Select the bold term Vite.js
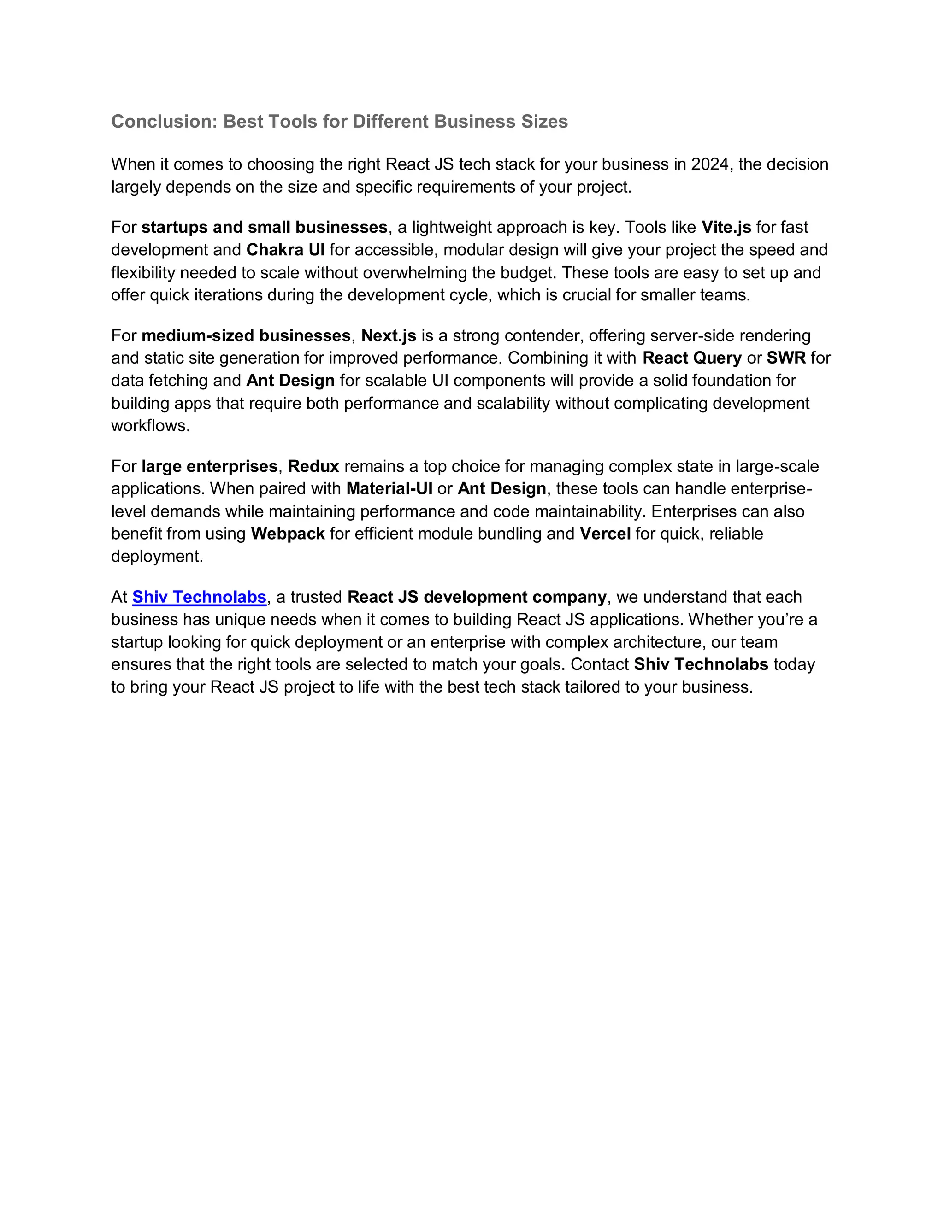coord(726,228)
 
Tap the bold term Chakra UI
coord(285,250)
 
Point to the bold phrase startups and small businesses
coord(264,228)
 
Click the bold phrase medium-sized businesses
coord(246,335)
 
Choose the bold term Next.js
coord(389,335)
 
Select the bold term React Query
coord(692,358)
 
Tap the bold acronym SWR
coord(786,358)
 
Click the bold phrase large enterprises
coord(210,466)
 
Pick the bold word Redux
coord(314,466)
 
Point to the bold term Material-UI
coord(389,488)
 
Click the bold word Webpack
coord(288,534)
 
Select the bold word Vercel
coord(605,534)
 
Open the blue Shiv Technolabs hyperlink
coord(199,597)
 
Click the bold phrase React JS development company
coord(477,597)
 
